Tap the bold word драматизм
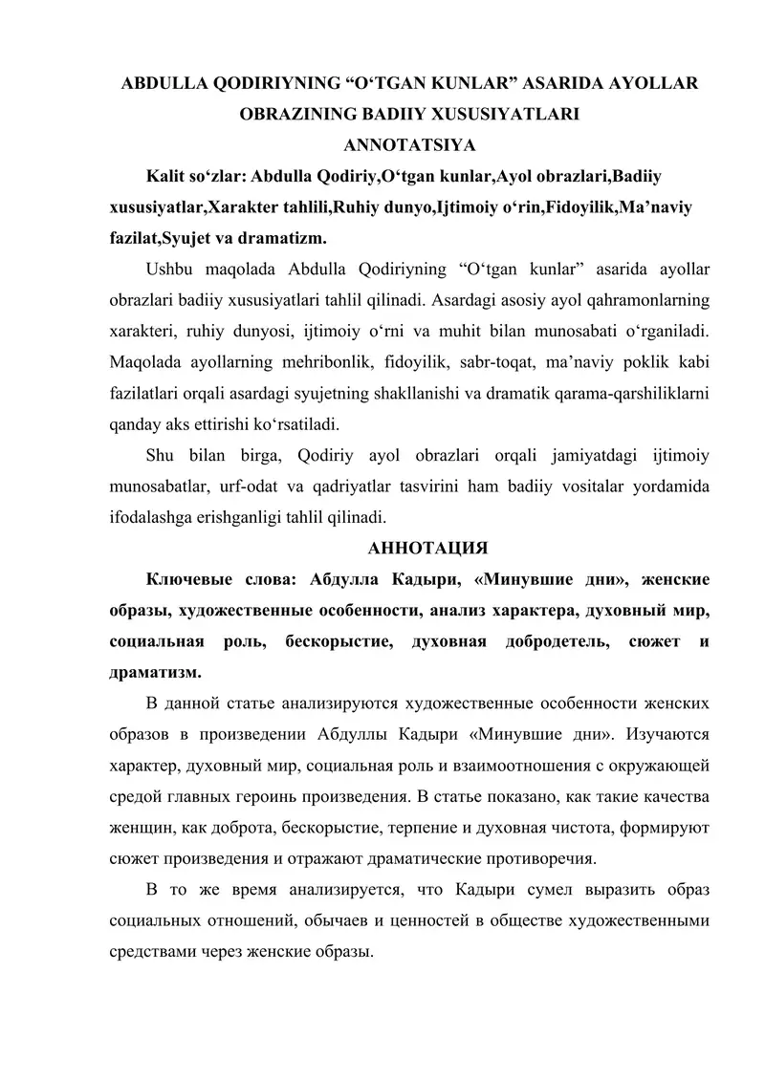pyautogui.click(x=153, y=672)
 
